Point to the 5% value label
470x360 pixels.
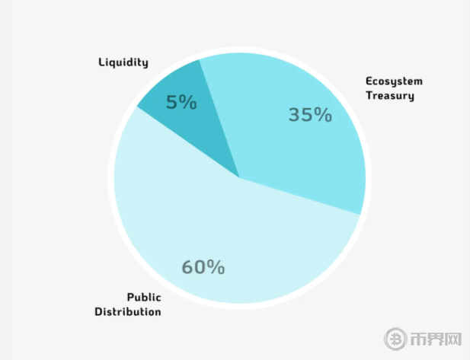click(181, 102)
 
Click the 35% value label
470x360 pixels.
click(310, 115)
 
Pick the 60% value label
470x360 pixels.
click(203, 267)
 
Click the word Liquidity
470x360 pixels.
click(123, 62)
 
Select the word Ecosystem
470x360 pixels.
click(394, 81)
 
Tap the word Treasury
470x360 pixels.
click(390, 96)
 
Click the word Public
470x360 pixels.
click(143, 298)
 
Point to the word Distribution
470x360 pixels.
click(128, 312)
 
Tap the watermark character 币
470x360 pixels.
click(418, 338)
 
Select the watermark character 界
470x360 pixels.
click(436, 338)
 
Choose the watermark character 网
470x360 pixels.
click(454, 338)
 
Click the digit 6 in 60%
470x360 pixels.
click(187, 267)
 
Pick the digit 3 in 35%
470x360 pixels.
click(295, 115)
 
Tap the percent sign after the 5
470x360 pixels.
click(188, 102)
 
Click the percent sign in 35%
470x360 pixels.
click(323, 115)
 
